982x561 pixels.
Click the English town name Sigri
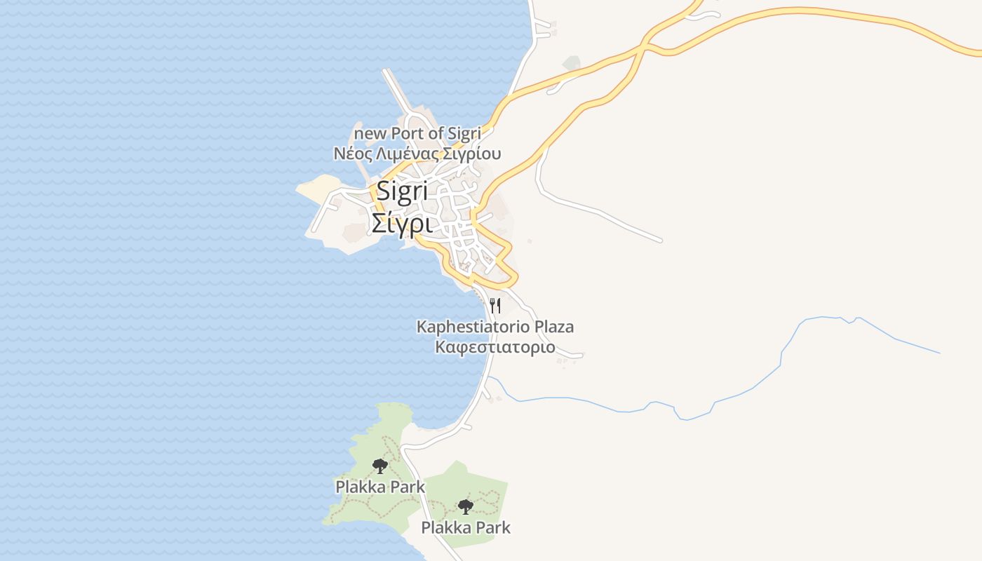(x=403, y=191)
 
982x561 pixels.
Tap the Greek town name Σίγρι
(x=401, y=224)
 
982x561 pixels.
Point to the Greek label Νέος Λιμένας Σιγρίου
(x=417, y=154)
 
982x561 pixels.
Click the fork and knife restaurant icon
(x=495, y=305)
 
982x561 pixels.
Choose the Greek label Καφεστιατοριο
(x=495, y=347)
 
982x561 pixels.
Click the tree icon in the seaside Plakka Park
(x=379, y=466)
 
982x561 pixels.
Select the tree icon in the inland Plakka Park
(x=464, y=506)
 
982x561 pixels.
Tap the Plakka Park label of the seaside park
(x=380, y=486)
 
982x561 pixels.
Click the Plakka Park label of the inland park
(x=466, y=527)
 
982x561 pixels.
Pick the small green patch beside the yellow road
(x=572, y=64)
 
